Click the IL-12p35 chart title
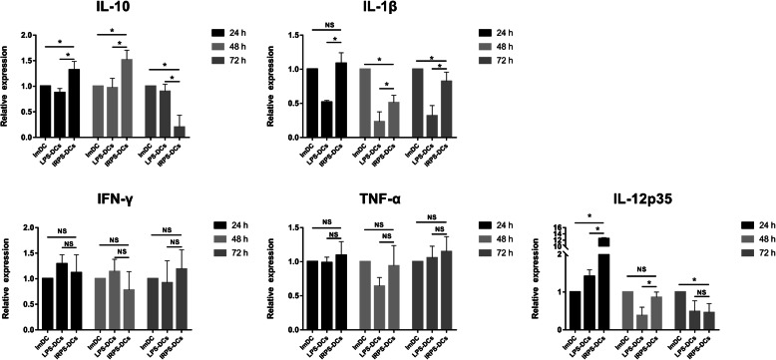click(616, 198)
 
